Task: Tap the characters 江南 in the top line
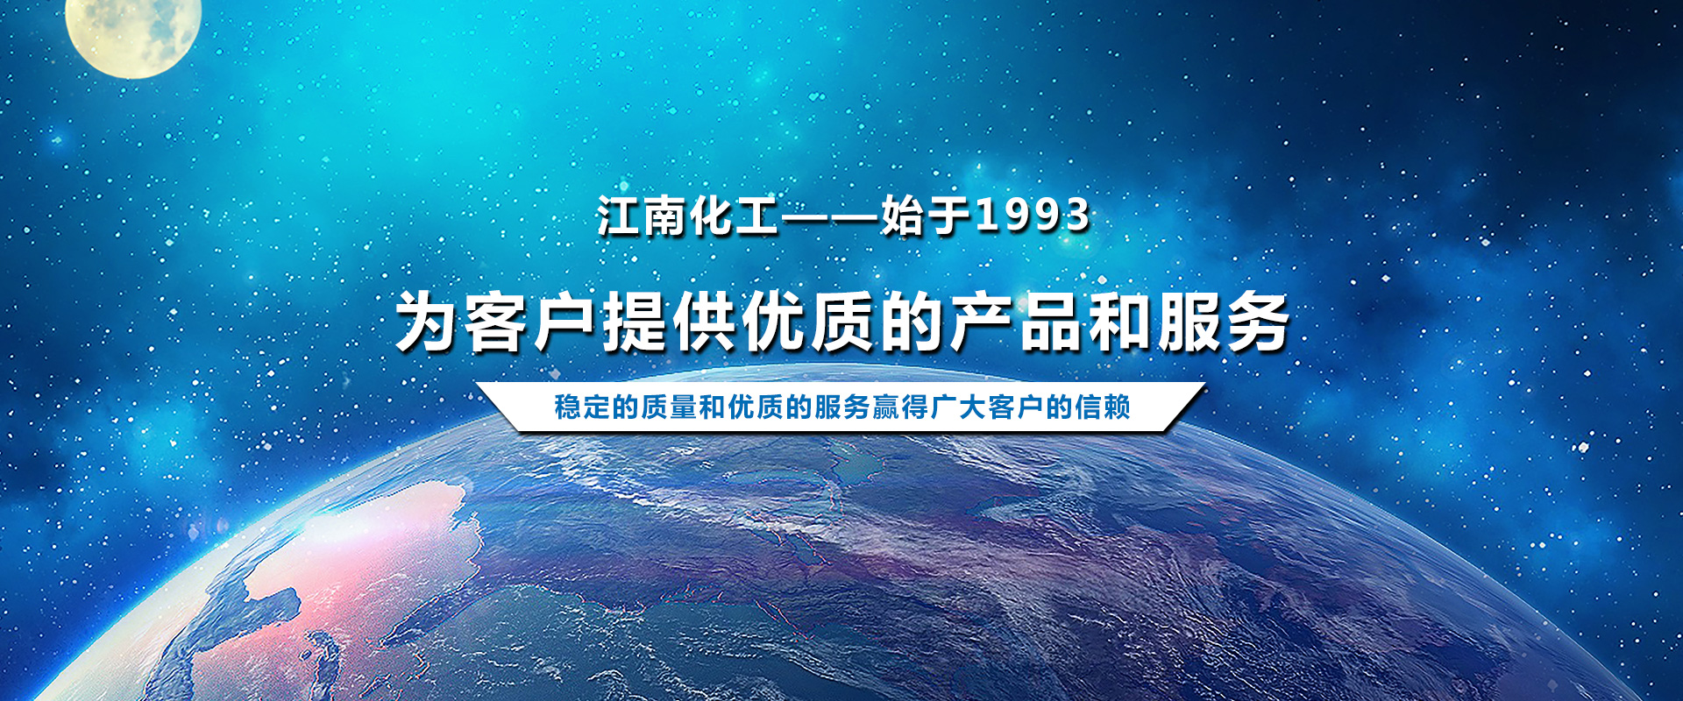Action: coord(643,216)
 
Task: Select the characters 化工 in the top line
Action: coord(734,216)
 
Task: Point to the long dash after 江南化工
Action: coord(830,216)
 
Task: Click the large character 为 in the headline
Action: coord(429,322)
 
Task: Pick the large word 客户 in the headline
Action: coord(532,322)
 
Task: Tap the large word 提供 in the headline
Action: coord(671,322)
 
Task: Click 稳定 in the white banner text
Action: coord(582,407)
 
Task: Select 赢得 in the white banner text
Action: coord(900,407)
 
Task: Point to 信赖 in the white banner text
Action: coord(1103,407)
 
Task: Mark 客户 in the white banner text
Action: coord(1016,407)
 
